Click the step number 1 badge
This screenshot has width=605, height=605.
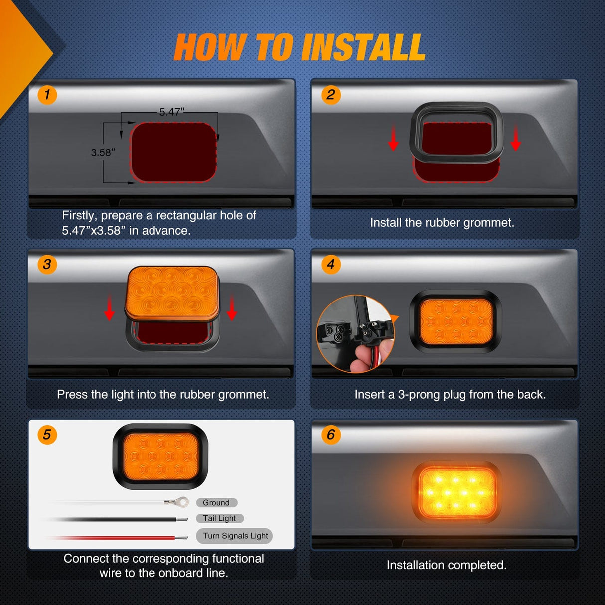point(47,95)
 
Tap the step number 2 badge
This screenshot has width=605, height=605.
point(331,95)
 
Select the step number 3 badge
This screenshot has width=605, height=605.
point(47,264)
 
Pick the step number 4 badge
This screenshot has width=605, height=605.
point(331,264)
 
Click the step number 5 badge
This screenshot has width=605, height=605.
point(47,435)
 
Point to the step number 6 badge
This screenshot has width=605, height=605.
point(331,435)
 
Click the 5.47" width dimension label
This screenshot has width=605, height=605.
point(172,112)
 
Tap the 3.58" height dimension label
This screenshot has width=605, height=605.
point(103,152)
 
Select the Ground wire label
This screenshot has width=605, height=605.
point(216,503)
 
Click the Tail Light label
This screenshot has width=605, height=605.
point(219,518)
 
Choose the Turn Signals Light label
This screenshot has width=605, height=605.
point(234,536)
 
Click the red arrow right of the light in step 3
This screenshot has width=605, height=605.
point(232,307)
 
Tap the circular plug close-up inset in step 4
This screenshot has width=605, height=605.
point(355,334)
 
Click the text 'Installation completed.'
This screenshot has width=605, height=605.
point(447,565)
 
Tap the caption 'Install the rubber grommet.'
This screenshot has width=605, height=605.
point(442,223)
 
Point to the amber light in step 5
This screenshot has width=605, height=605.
point(160,456)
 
